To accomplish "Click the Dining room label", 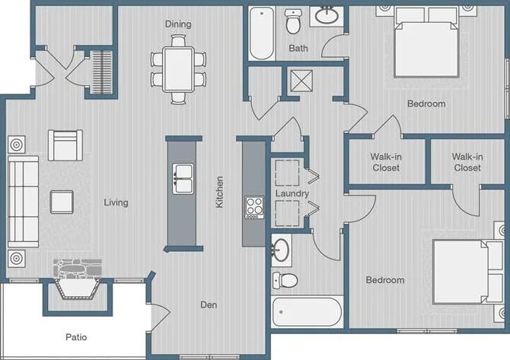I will pyautogui.click(x=178, y=24).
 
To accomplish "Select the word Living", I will pyautogui.click(x=116, y=202).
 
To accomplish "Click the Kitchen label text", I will pyautogui.click(x=220, y=193).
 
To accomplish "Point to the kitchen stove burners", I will pyautogui.click(x=253, y=206).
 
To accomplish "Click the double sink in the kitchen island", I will pyautogui.click(x=183, y=179).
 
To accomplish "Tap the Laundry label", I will pyautogui.click(x=292, y=193).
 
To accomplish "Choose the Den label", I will pyautogui.click(x=209, y=305).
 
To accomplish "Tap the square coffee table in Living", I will pyautogui.click(x=62, y=202).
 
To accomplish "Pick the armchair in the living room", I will pyautogui.click(x=65, y=145).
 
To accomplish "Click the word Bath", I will pyautogui.click(x=298, y=49).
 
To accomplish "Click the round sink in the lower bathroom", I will pyautogui.click(x=281, y=248).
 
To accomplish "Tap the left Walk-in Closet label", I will pyautogui.click(x=386, y=162).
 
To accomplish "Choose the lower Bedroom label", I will pyautogui.click(x=385, y=280).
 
